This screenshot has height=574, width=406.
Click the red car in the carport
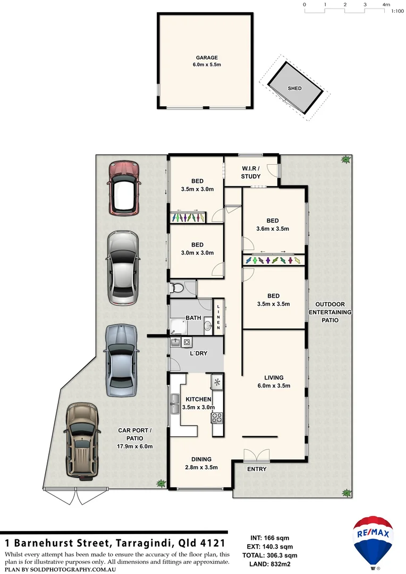123,188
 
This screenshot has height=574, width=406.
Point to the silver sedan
123,268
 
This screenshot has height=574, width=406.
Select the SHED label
294,88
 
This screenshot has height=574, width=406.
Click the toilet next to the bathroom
177,288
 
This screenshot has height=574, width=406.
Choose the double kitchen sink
174,404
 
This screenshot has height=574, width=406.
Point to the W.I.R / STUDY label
251,173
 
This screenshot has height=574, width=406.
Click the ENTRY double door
257,455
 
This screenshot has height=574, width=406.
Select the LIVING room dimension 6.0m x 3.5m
274,386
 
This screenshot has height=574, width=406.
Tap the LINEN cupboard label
218,317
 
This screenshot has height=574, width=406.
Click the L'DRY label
198,353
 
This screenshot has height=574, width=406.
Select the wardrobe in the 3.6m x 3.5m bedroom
273,260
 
